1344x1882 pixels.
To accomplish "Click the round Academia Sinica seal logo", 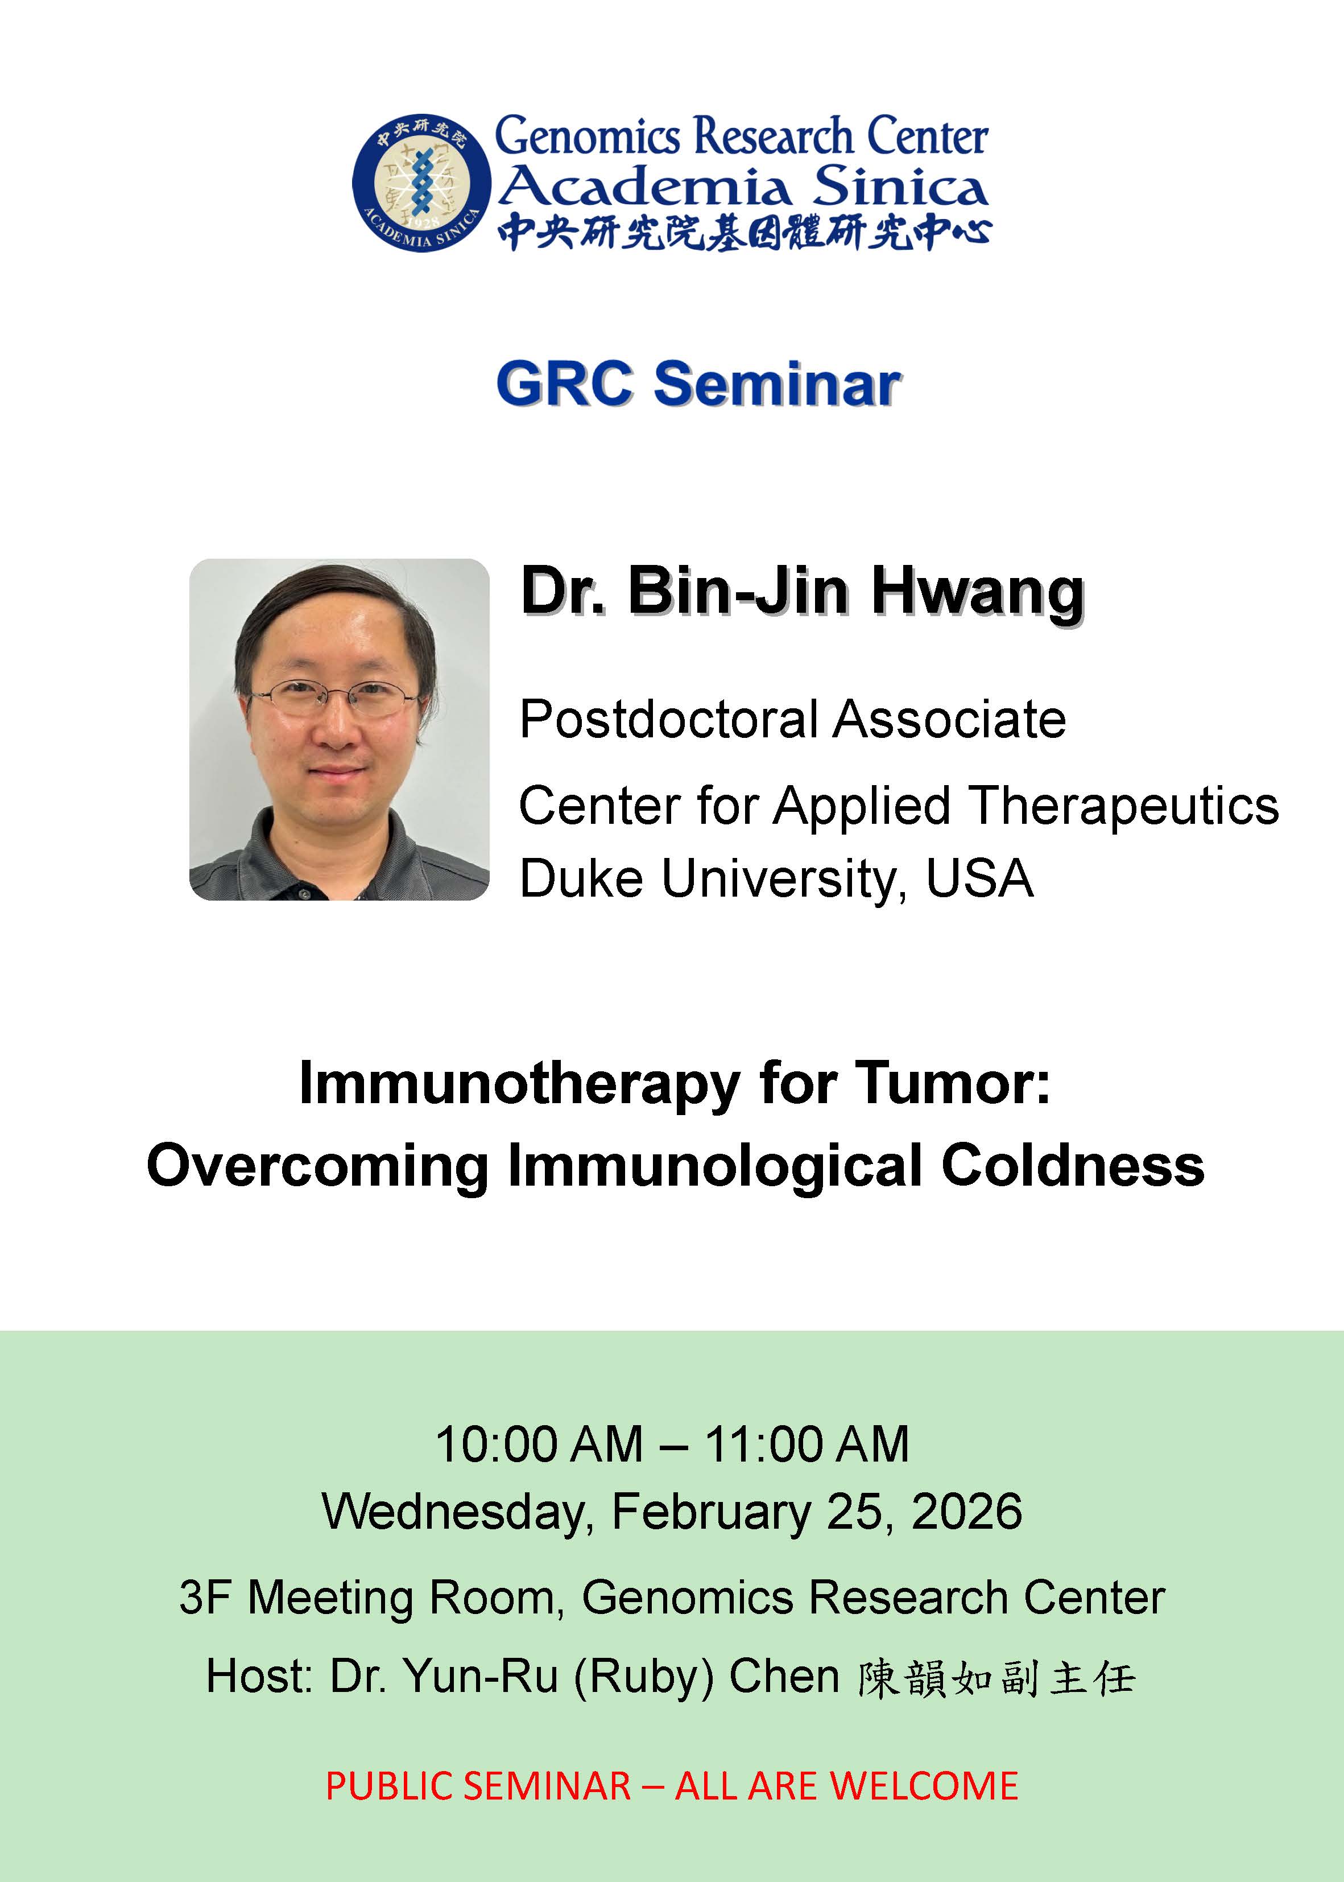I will click(421, 182).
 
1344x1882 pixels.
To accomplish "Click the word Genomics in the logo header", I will click(587, 137).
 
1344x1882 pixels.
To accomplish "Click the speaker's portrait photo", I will click(340, 729).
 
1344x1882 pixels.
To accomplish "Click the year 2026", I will click(966, 1512).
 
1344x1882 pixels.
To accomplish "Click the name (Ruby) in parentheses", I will click(643, 1677).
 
